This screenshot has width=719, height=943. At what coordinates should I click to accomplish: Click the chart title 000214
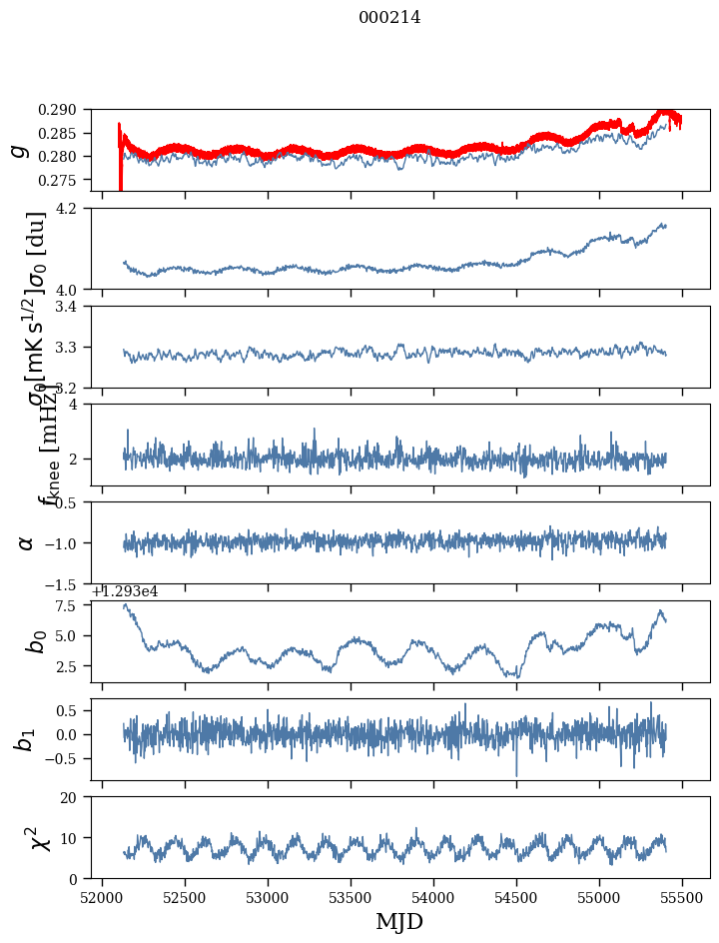coord(389,17)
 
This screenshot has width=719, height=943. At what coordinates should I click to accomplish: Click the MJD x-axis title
coord(398,922)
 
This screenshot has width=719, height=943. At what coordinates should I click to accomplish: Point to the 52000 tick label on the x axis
coord(102,897)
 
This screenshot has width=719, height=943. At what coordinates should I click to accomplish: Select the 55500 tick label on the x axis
coord(683,897)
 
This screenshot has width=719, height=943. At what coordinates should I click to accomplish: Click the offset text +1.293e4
coord(125,592)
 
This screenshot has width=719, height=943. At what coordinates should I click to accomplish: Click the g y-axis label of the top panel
coord(19,151)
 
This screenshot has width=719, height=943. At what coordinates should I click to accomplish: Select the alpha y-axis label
coord(26,542)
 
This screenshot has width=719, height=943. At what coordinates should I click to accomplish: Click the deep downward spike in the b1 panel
coord(516,774)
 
